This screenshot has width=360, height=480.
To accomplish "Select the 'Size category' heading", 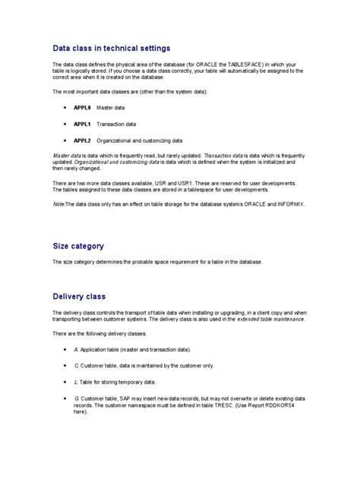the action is [78, 246].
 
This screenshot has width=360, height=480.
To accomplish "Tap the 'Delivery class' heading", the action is [79, 296].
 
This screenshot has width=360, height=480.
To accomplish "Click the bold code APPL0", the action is [82, 108].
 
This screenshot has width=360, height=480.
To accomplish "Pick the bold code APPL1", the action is [82, 124].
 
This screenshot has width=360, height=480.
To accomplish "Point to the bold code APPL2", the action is [82, 141].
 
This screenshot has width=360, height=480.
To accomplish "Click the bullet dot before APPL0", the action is [66, 108].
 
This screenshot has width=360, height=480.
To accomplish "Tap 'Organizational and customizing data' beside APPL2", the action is [144, 141].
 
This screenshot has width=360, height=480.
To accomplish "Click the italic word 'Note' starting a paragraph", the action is [58, 204].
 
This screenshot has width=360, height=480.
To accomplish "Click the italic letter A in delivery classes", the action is [76, 349].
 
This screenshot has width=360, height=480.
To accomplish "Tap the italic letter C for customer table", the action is [76, 365].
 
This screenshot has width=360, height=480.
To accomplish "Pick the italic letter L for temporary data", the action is [76, 382].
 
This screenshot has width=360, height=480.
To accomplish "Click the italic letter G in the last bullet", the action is [76, 398].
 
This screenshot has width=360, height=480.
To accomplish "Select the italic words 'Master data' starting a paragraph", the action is [65, 154].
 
